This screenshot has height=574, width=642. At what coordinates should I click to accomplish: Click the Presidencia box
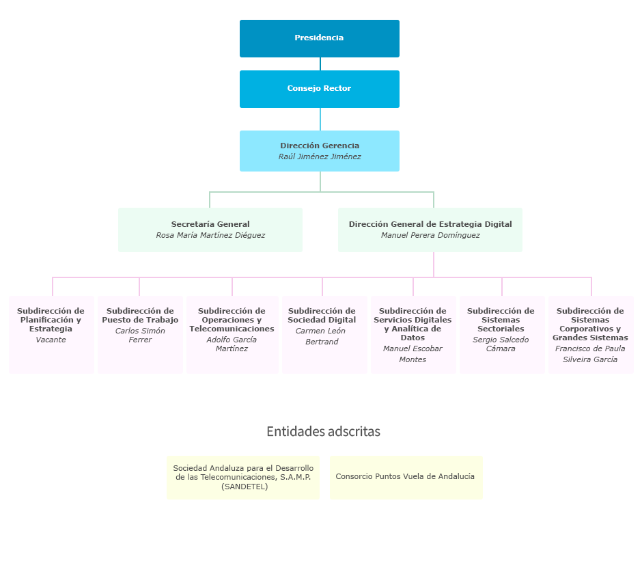coord(320,38)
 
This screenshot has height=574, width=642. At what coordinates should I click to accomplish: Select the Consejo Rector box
coord(320,90)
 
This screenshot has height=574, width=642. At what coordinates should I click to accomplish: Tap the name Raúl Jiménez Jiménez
coord(320,156)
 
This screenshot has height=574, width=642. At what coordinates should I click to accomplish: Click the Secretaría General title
coord(210,224)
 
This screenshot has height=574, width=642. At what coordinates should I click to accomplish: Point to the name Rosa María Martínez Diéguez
coord(210,235)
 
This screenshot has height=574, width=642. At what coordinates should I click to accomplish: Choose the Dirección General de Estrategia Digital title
coord(430,224)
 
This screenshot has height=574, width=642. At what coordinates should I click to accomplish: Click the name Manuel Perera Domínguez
coord(430,235)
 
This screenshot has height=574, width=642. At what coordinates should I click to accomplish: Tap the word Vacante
coord(51,340)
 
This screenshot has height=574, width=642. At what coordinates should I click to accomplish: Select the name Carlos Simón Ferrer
coord(140,335)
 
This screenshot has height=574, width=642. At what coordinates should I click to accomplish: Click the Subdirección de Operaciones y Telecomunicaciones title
coord(232,320)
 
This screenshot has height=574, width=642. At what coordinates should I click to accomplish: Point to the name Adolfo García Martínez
coord(232,344)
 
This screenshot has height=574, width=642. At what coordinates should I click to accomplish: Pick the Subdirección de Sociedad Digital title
coord(322,316)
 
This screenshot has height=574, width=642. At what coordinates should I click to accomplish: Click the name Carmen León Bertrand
coord(321,336)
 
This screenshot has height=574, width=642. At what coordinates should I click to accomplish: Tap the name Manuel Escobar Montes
coord(413,354)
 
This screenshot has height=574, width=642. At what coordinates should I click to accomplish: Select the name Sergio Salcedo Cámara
coord(501,344)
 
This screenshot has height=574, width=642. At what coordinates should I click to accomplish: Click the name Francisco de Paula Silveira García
coord(590,354)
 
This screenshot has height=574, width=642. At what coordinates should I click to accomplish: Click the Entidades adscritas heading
coord(324,431)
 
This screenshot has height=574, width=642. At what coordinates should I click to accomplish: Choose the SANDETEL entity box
coord(243,478)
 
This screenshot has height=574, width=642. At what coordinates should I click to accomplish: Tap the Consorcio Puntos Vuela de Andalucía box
coord(406,478)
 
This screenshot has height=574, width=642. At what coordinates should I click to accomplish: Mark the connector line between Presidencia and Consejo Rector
coord(320,64)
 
